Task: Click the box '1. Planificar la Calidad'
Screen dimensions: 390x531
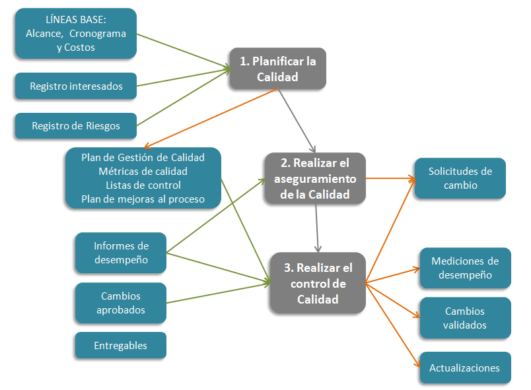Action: click(x=277, y=69)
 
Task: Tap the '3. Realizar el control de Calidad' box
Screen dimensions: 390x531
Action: click(x=317, y=283)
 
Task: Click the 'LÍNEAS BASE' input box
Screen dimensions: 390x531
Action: click(x=75, y=33)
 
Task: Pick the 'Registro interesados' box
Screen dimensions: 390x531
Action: click(x=75, y=86)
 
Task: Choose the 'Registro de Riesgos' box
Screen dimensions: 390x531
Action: click(x=75, y=125)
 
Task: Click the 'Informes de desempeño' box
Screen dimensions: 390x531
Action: click(x=120, y=253)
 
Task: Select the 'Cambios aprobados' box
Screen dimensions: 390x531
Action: click(x=120, y=303)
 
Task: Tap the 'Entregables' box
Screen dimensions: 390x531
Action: click(x=120, y=345)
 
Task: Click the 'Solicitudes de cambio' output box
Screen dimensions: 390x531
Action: click(x=460, y=178)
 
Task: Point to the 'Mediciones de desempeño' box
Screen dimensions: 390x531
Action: click(x=465, y=267)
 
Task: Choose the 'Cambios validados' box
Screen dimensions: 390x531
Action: click(x=465, y=317)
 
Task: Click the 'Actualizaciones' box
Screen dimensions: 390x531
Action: click(x=465, y=368)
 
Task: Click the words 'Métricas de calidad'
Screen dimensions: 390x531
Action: click(x=143, y=171)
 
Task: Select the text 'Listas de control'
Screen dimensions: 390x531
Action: click(x=143, y=185)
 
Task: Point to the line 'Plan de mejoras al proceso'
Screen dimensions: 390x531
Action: click(x=143, y=199)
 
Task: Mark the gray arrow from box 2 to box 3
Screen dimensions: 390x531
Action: click(x=317, y=228)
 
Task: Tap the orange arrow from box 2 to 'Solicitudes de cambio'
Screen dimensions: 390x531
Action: click(x=390, y=178)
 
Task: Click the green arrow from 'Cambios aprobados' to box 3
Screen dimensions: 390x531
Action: click(x=218, y=293)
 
